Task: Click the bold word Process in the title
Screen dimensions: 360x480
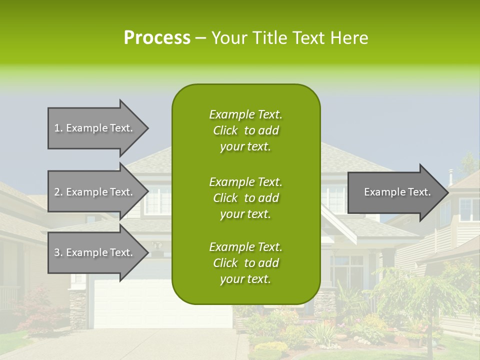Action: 157,38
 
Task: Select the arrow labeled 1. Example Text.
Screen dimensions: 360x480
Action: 93,128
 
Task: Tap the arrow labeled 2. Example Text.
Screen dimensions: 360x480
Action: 93,192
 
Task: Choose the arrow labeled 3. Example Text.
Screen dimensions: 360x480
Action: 93,252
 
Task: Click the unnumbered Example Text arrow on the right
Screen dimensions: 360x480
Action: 397,192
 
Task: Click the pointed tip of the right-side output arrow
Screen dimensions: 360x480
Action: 447,192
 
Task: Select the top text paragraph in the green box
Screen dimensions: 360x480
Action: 245,130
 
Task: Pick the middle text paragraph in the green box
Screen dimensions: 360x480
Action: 245,198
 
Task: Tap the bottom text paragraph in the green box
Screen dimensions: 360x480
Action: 245,263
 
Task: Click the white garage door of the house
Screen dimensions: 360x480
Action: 130,305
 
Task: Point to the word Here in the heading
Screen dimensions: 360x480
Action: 351,38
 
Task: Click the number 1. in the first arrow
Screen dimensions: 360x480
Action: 58,128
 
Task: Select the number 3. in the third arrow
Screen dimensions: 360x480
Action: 58,252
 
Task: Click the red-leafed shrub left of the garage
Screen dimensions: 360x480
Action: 37,310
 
